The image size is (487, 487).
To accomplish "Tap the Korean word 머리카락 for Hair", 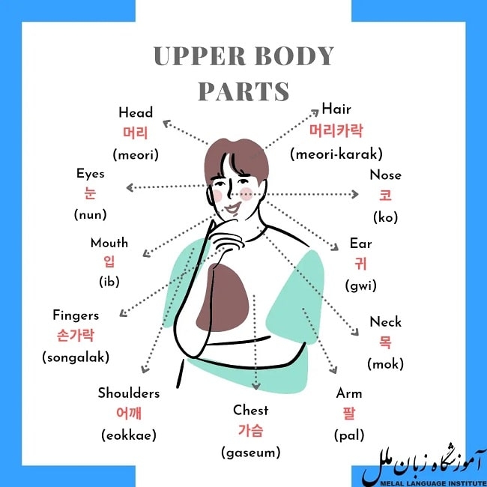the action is (x=336, y=130).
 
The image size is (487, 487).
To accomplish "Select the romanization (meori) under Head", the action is (x=136, y=154).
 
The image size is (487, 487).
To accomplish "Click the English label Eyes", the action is (x=91, y=174).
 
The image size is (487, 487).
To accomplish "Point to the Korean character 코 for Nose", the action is (x=385, y=196).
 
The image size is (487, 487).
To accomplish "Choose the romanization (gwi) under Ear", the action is (x=360, y=285).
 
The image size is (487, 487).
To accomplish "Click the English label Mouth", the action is (x=109, y=243).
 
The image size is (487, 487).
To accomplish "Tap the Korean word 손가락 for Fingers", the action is (x=76, y=336).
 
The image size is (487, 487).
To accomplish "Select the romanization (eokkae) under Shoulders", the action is (x=129, y=435).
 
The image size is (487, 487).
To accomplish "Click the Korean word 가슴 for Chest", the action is (x=251, y=431).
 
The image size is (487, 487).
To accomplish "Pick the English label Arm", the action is (x=349, y=393).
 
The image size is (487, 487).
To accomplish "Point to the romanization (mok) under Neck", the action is (x=385, y=363).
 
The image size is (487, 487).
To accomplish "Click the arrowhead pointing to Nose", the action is (x=354, y=195).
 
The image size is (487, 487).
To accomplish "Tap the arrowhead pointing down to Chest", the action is (x=256, y=386).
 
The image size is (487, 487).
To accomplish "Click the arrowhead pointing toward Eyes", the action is (x=130, y=187).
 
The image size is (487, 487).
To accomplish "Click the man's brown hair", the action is (x=236, y=158).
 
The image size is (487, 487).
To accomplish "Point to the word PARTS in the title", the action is (x=243, y=91).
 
